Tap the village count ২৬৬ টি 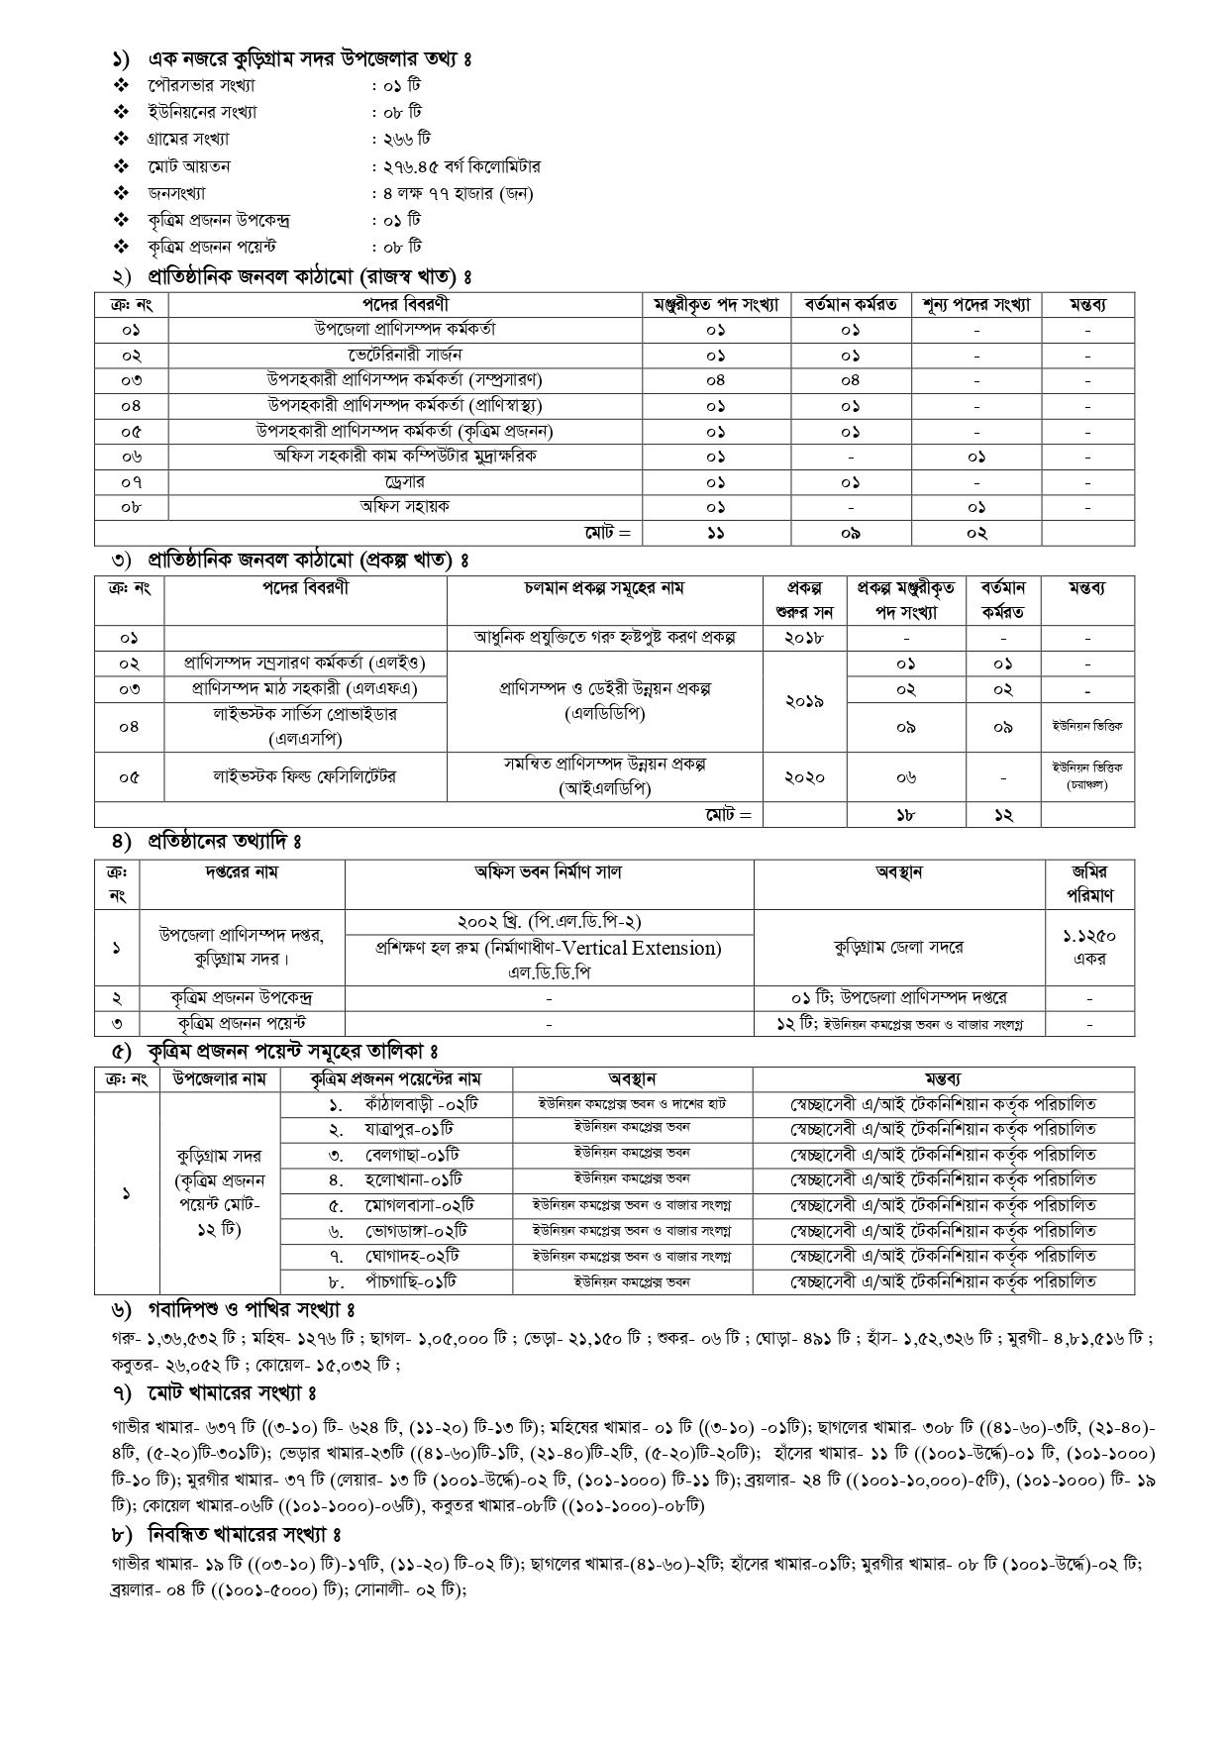404,140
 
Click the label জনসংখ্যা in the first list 177,193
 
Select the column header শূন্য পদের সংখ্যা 975,304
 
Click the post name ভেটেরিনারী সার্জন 405,355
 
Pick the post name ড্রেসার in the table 405,481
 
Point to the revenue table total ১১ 715,533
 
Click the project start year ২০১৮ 804,638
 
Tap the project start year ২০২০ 804,777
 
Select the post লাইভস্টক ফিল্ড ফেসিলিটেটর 305,777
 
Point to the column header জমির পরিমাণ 1089,883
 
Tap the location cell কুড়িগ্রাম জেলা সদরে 898,947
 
